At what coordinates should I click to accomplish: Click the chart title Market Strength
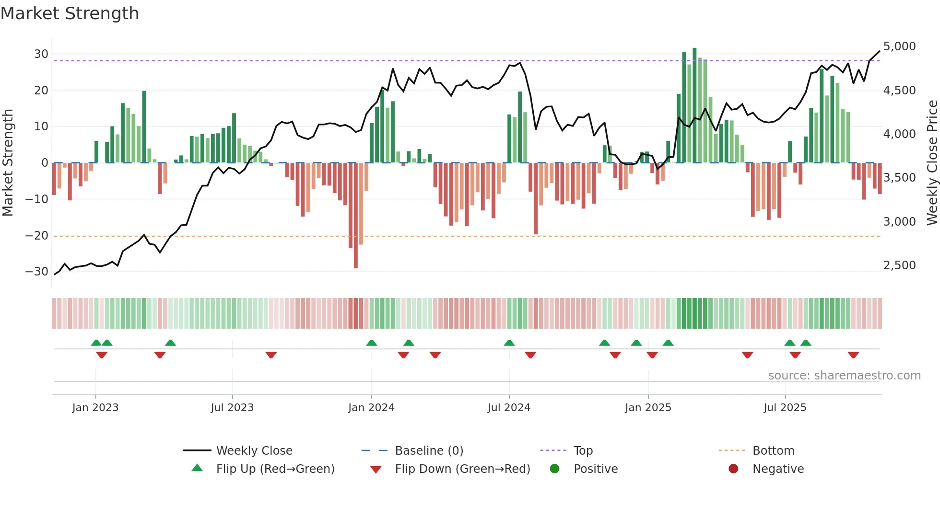70,13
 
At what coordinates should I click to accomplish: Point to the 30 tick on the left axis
41,54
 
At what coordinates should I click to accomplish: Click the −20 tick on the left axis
37,235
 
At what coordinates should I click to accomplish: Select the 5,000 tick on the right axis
899,46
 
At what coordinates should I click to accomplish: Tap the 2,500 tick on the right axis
899,265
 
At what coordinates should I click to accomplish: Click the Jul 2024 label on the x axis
509,408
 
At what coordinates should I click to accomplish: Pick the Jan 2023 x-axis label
95,408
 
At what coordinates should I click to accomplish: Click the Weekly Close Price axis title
932,162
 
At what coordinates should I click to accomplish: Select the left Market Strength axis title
8,162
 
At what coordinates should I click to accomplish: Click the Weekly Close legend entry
254,451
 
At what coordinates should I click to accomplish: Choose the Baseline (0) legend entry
429,451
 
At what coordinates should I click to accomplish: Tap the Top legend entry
583,451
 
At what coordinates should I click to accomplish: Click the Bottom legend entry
773,451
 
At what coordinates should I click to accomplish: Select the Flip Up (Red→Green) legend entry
275,469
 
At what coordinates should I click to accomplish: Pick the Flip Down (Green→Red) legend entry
462,469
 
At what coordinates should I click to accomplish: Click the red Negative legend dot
733,469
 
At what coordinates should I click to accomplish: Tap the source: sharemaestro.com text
844,376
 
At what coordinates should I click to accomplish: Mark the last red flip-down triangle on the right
853,355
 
